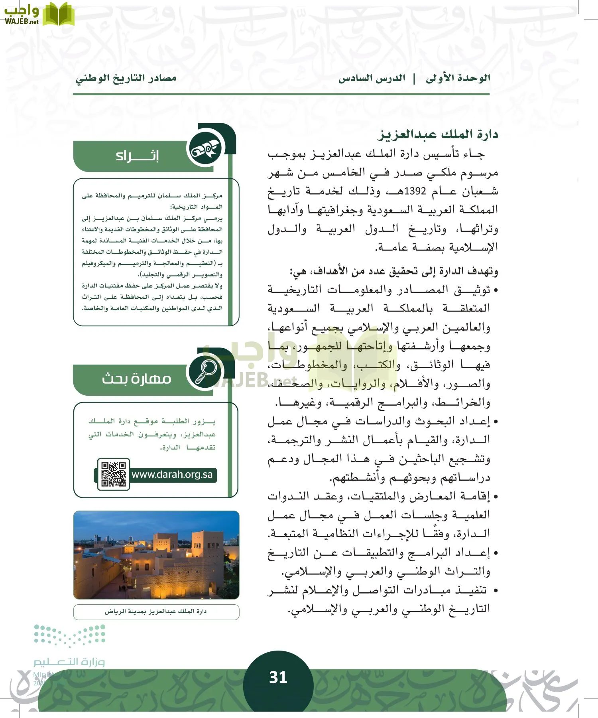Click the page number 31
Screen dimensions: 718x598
point(278,677)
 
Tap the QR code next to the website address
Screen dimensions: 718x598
point(114,474)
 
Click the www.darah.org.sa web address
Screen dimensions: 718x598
point(172,475)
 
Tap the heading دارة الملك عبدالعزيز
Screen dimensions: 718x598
point(438,134)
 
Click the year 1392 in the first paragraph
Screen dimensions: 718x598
point(415,191)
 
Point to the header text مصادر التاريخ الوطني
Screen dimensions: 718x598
point(126,78)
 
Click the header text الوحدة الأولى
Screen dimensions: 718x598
point(458,78)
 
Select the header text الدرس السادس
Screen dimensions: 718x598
point(372,78)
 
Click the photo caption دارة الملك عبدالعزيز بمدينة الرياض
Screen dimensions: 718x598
point(156,611)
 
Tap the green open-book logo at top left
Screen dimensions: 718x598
point(58,14)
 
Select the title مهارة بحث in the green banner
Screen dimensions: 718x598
point(136,378)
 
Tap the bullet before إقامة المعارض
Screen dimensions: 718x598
point(496,497)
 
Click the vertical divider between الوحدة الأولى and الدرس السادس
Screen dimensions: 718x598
point(414,78)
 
